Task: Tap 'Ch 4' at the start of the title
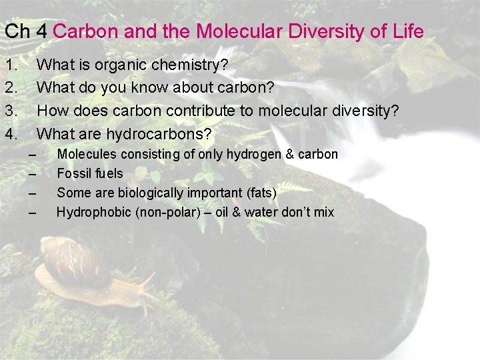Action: click(26, 31)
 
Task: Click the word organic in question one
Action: click(121, 66)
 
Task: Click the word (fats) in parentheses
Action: click(260, 193)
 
